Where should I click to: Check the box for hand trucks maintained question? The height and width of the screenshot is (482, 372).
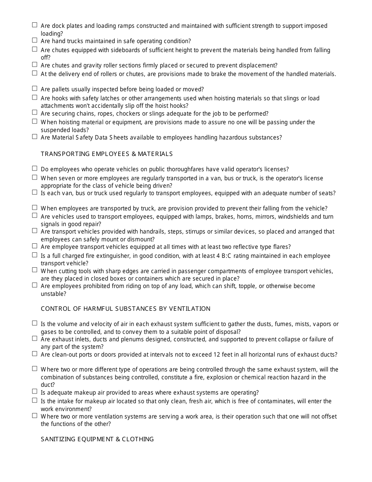click(x=34, y=40)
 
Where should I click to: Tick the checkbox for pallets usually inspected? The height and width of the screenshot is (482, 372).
click(x=34, y=89)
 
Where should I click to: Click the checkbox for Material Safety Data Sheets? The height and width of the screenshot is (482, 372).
click(x=34, y=137)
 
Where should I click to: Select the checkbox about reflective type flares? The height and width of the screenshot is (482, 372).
click(x=34, y=246)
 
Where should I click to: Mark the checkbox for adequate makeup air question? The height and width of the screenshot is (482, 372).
click(x=34, y=391)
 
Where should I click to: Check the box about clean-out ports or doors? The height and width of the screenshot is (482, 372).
click(x=34, y=353)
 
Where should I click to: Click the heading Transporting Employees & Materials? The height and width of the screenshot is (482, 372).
click(x=107, y=154)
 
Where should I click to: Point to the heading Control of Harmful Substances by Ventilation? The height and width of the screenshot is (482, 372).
click(x=125, y=309)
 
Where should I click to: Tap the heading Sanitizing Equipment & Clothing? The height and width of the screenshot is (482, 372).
click(x=97, y=439)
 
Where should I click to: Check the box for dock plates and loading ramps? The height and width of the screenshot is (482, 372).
click(x=34, y=25)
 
